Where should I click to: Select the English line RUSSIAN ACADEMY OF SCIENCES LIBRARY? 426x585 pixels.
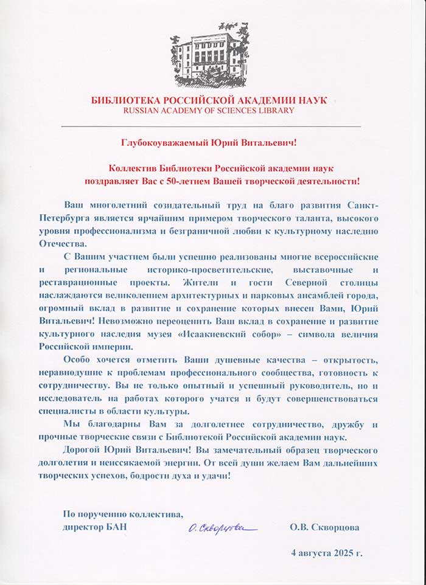tap(209, 111)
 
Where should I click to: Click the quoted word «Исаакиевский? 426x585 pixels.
tap(263, 334)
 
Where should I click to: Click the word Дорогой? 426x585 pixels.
tap(80, 449)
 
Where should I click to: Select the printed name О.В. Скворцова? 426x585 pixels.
tap(324, 527)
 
